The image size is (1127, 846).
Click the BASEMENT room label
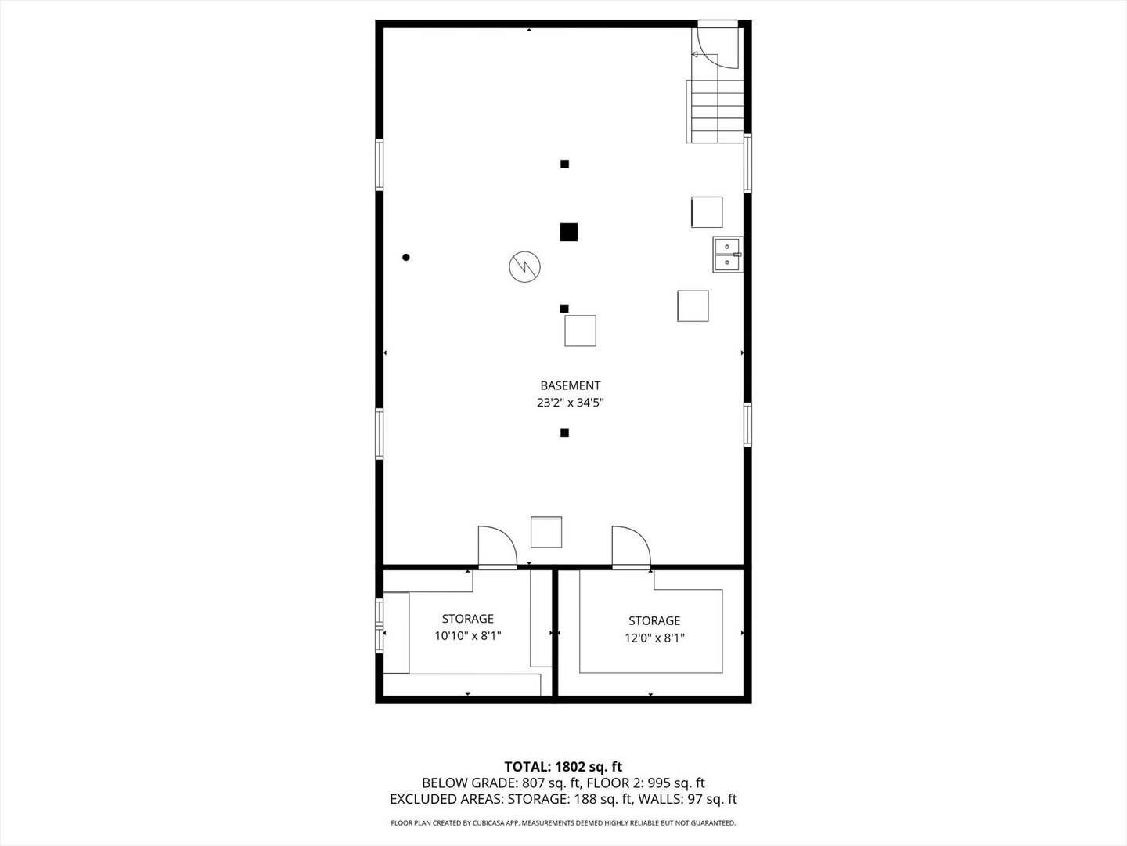570,385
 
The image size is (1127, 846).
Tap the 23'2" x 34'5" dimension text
570,403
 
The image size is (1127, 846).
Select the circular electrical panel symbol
524,266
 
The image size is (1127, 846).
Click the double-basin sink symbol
727,255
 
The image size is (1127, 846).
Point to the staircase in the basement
715,111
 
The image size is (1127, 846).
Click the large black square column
569,232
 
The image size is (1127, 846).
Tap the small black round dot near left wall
406,257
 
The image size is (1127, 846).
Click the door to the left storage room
497,548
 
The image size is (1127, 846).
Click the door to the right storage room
631,548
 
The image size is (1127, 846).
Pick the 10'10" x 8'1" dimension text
468,636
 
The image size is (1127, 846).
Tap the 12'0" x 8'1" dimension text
654,638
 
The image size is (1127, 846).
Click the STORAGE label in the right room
654,620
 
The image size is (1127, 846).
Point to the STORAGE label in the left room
468,619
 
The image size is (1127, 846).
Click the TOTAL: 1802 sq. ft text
563,766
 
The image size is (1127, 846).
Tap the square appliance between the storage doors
546,532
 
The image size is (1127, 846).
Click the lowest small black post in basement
564,433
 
